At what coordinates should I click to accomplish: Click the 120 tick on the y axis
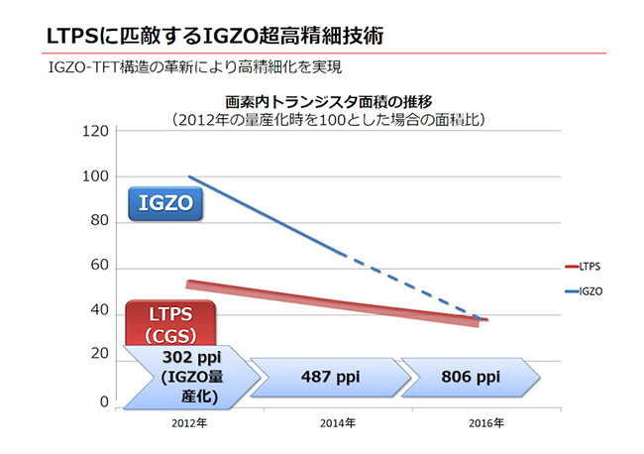click(x=96, y=131)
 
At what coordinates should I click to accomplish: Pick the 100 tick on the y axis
click(x=96, y=176)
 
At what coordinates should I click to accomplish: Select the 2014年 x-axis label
click(x=339, y=422)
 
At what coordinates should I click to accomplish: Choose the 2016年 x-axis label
click(x=485, y=422)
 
